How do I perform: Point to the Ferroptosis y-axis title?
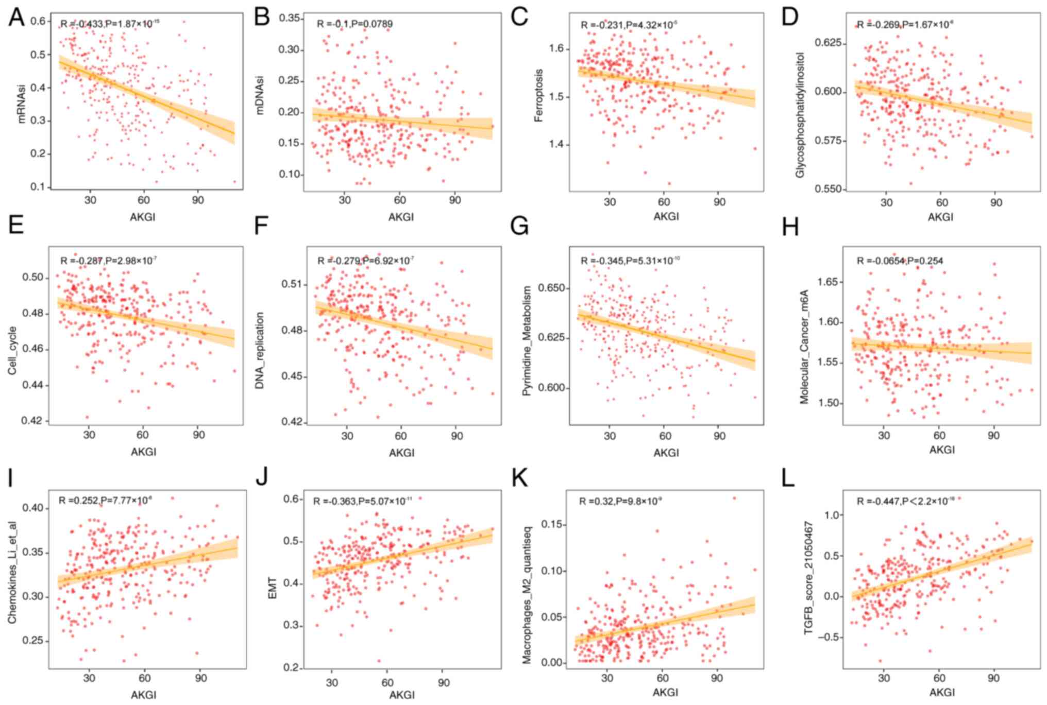[539, 96]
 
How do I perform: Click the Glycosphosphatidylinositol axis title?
[800, 114]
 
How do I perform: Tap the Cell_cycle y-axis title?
[12, 350]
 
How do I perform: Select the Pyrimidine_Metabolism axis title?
[526, 341]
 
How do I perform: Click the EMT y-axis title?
[273, 588]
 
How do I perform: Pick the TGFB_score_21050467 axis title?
[809, 583]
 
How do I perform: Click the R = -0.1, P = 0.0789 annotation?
[354, 24]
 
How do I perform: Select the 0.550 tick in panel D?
[828, 189]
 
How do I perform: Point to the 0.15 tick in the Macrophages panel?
[554, 524]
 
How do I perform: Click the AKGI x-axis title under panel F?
[401, 452]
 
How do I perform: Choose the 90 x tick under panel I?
[200, 678]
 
